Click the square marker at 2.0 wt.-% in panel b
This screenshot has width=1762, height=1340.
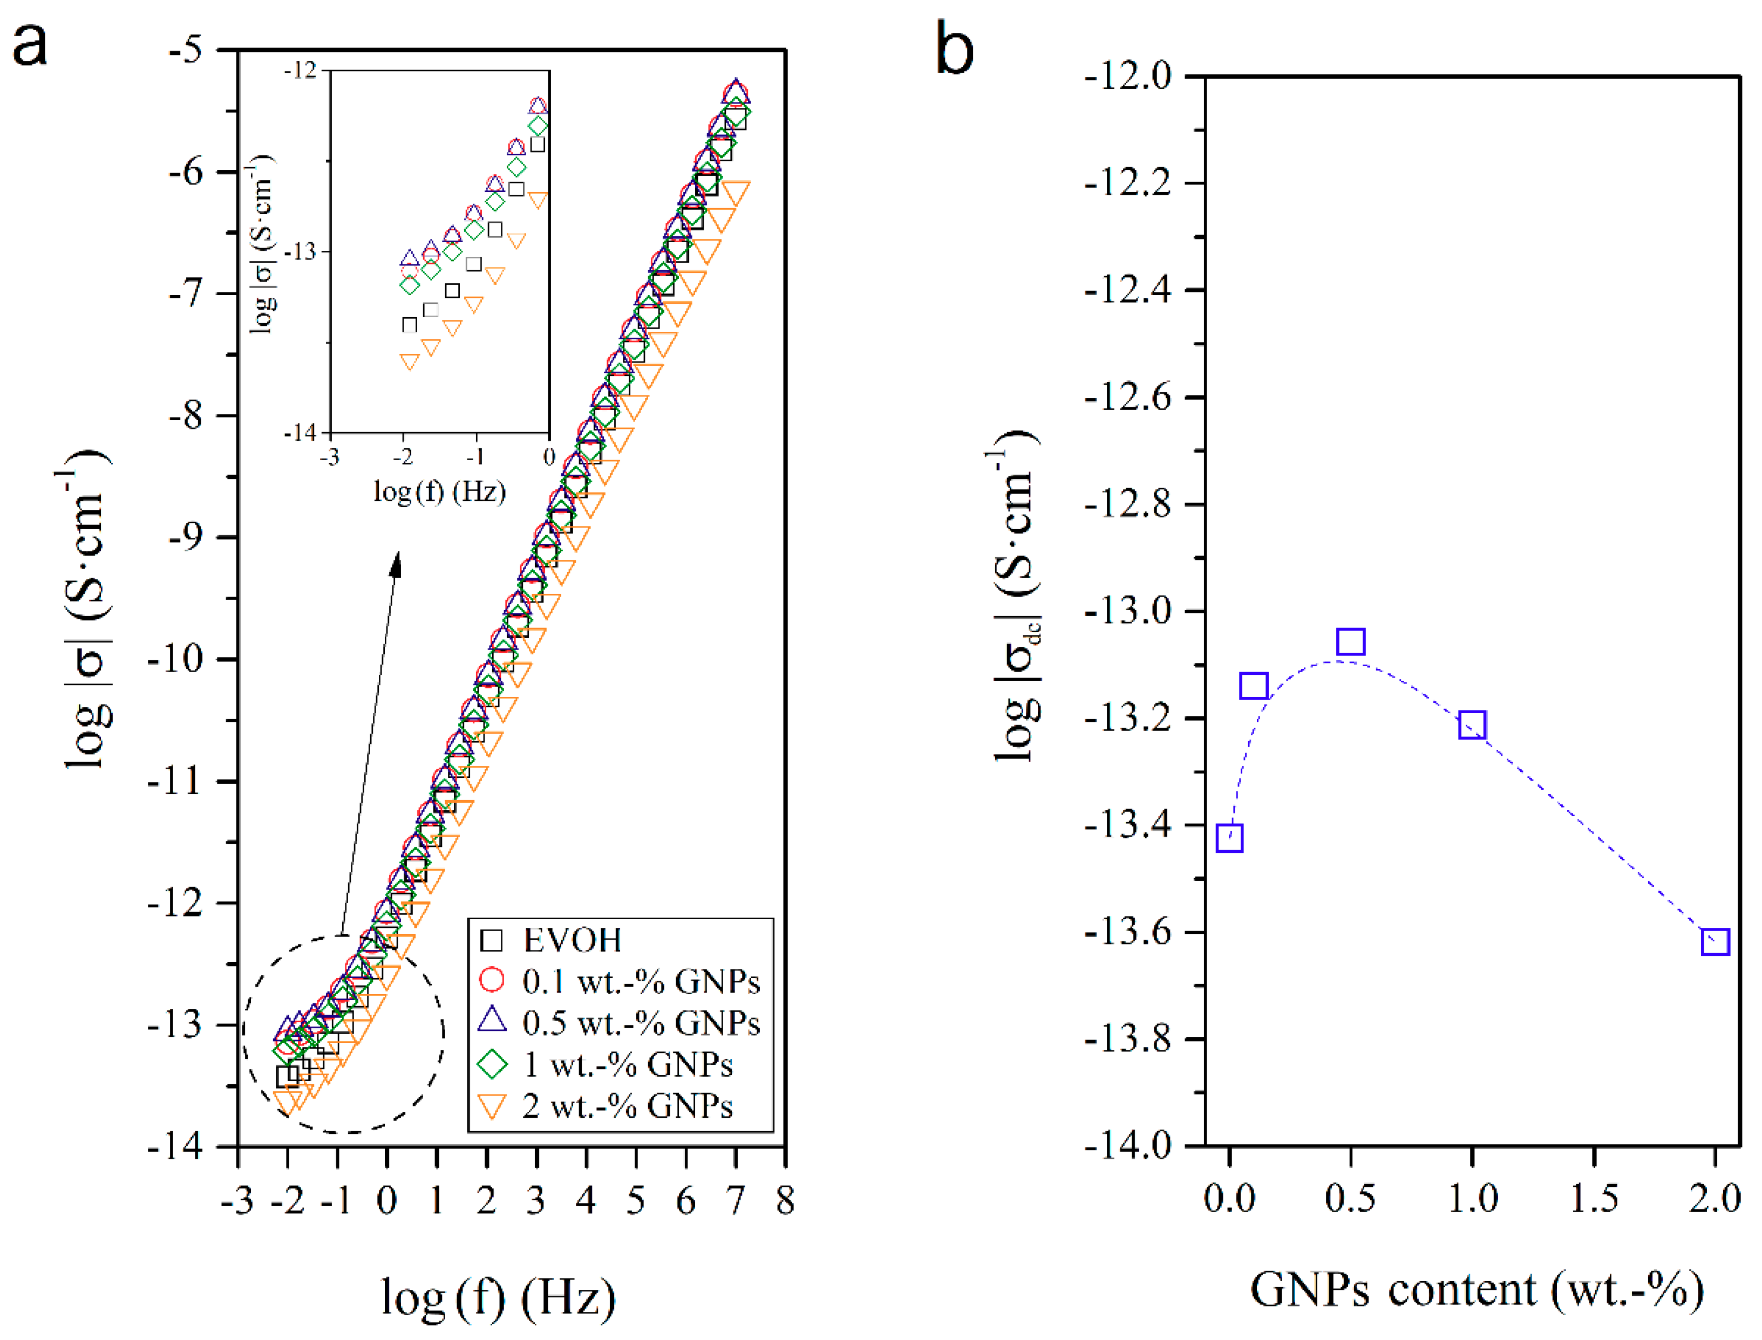[x=1715, y=942]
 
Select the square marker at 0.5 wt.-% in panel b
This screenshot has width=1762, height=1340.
[x=1351, y=641]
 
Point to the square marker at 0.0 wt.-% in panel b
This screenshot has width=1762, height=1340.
[x=1230, y=838]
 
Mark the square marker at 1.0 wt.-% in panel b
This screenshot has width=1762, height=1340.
[x=1472, y=725]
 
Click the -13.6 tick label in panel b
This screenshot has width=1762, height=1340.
[x=1127, y=932]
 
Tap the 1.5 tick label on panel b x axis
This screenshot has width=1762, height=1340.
[x=1594, y=1199]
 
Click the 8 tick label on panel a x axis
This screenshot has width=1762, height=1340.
[x=785, y=1200]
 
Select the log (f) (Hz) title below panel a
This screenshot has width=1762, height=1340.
[x=498, y=1298]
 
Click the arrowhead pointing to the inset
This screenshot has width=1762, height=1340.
[x=396, y=564]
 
